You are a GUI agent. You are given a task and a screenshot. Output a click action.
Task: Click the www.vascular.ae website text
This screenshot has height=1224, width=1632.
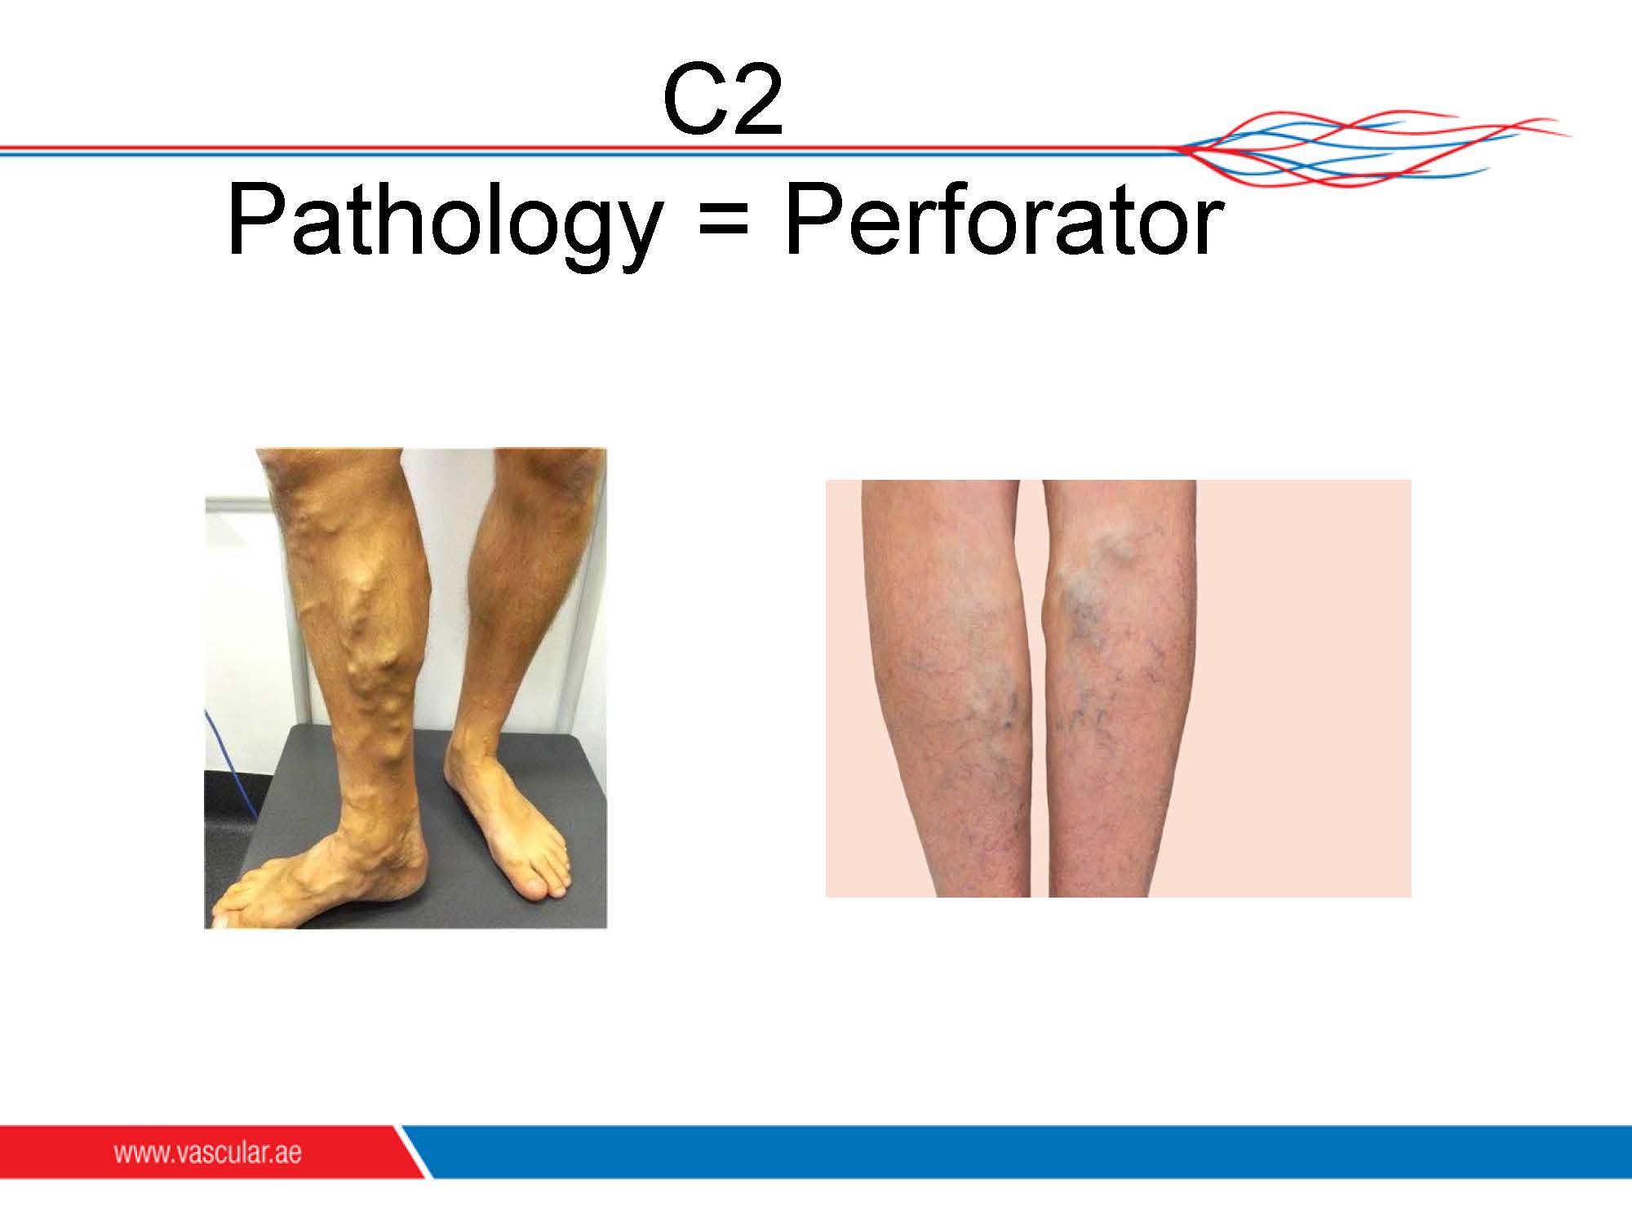[x=207, y=1154]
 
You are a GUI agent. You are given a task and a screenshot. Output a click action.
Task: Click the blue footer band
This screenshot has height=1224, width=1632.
[x=1020, y=1151]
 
